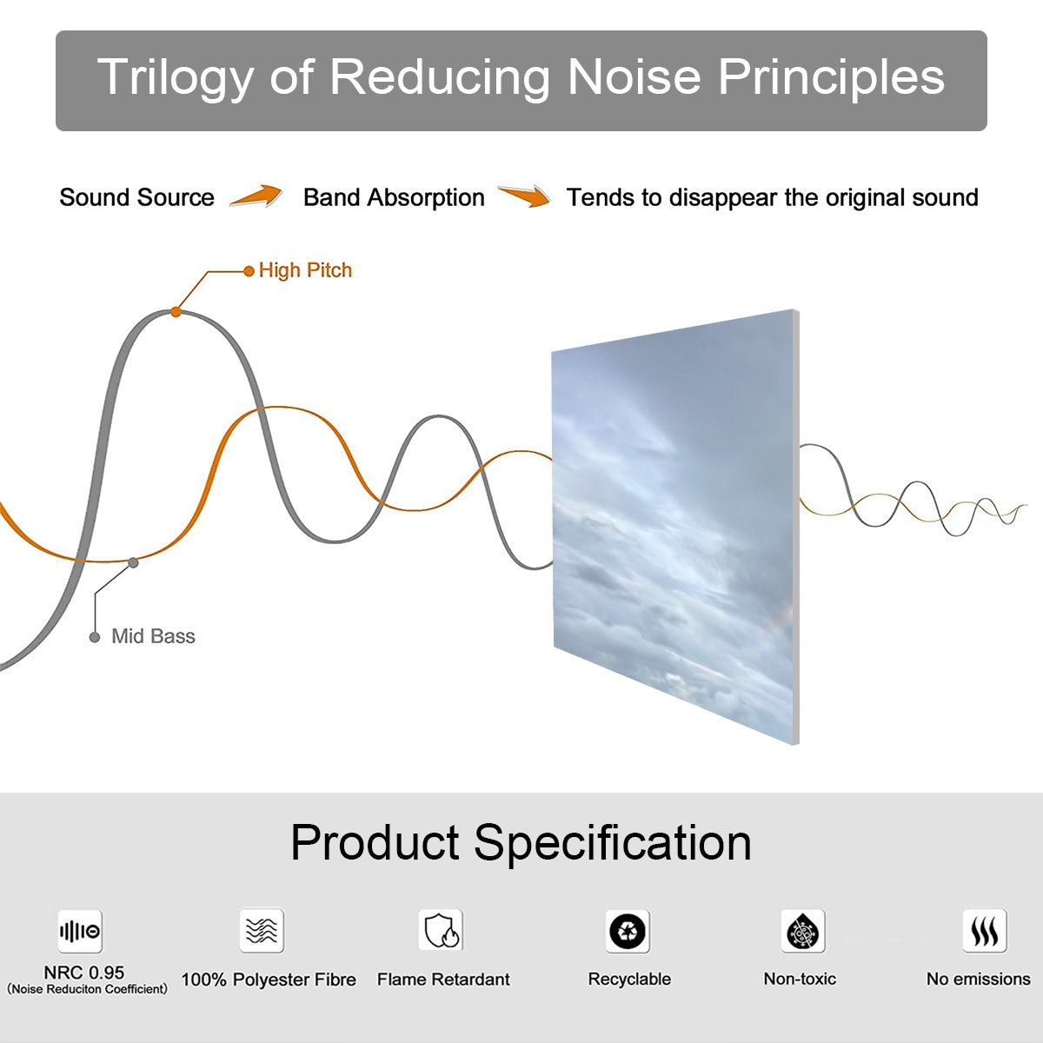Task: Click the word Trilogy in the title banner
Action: click(x=176, y=78)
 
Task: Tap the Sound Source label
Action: click(x=137, y=197)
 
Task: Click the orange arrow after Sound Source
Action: click(x=256, y=196)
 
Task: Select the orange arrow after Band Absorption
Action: click(x=524, y=196)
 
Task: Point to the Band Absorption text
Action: click(x=394, y=197)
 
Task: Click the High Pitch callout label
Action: click(x=305, y=270)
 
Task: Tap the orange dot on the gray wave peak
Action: click(x=176, y=312)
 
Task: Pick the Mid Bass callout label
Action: click(x=153, y=636)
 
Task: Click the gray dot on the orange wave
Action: click(x=133, y=563)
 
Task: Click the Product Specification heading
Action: click(x=521, y=842)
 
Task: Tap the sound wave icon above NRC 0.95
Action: click(x=80, y=931)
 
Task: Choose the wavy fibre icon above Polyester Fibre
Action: click(x=262, y=930)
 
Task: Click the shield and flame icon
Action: click(x=442, y=930)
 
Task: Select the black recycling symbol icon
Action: click(x=628, y=931)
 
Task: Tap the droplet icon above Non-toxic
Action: click(x=803, y=931)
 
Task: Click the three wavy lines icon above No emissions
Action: click(x=985, y=930)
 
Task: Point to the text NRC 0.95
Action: click(x=84, y=973)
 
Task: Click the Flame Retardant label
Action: click(x=443, y=980)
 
